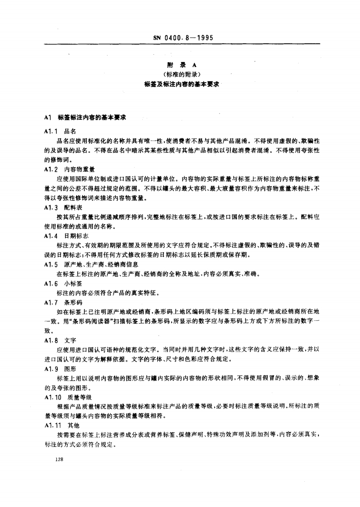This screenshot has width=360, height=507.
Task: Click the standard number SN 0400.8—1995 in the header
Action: tap(180, 38)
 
